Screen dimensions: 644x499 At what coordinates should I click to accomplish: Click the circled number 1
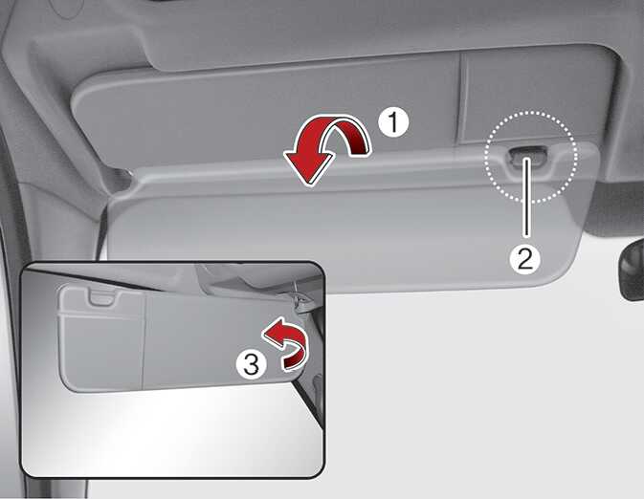393,121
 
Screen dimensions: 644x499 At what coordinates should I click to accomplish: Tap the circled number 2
525,258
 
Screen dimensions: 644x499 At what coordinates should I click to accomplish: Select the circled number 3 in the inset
252,364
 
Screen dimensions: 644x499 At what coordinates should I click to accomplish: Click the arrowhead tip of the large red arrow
309,185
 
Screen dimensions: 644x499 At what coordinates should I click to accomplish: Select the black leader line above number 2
525,197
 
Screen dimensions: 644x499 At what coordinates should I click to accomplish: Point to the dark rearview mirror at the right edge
633,269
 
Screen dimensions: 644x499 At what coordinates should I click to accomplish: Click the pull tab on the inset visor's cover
102,296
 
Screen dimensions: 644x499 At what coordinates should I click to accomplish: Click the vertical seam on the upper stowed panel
463,98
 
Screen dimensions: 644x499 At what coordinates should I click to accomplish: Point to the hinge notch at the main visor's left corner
119,180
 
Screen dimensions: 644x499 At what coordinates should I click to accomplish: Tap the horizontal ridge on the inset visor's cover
101,315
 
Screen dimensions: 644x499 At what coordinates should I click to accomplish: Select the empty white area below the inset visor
172,435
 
